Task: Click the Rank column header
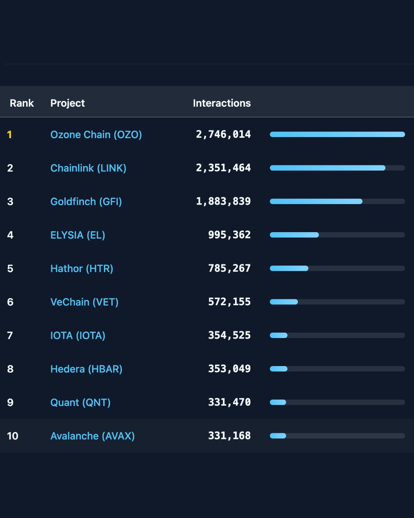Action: [22, 103]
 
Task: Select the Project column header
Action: [67, 103]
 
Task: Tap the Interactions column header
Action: [222, 103]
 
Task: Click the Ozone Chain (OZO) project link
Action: [96, 135]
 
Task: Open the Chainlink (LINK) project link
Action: [88, 168]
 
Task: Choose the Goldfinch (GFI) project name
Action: [86, 201]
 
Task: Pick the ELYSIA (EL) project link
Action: [77, 235]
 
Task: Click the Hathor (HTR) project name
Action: [82, 269]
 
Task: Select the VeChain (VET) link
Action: [84, 302]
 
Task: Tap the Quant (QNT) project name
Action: [80, 403]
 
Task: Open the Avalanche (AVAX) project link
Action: [92, 436]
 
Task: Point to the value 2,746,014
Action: [223, 134]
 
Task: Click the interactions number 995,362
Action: [229, 235]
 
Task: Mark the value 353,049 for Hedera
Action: [229, 369]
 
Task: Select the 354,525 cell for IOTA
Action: [229, 335]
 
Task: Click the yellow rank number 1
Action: [10, 135]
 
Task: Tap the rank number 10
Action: [13, 436]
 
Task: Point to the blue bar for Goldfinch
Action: [316, 201]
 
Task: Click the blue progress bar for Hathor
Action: [289, 269]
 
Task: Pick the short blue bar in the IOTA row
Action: [279, 335]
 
